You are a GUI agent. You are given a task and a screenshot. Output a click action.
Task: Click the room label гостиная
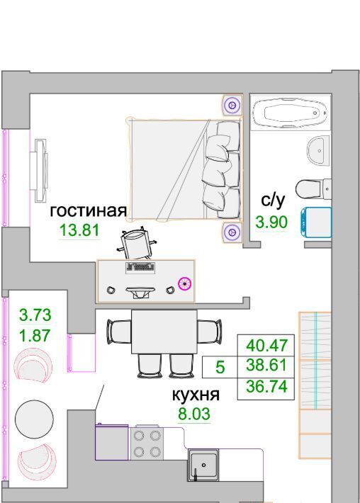pos(89,211)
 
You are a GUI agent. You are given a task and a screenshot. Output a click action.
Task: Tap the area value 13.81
pos(79,230)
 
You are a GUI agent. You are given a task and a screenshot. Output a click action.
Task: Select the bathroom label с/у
pos(272,200)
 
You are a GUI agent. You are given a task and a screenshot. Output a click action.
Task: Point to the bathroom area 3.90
pos(271,222)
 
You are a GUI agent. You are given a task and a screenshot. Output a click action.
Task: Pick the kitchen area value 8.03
pos(194,414)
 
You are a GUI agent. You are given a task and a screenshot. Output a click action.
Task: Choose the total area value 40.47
pos(266,346)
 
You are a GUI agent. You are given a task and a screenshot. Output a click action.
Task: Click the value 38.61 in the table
pos(266,365)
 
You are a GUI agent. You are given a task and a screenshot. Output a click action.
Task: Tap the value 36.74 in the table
pos(266,386)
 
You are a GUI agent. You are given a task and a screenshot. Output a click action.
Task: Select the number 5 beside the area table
pos(220,367)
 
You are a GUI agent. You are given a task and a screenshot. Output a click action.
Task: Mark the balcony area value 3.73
pos(35,315)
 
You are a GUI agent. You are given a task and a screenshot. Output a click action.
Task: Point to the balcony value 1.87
pos(35,336)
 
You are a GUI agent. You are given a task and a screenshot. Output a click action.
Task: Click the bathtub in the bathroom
pos(291,113)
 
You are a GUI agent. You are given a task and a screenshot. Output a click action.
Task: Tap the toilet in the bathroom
pos(313,189)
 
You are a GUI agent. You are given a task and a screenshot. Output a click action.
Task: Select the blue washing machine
pos(316,222)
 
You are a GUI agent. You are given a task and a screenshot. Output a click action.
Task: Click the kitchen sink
pos(203,465)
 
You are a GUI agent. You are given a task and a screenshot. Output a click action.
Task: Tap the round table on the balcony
pos(34,418)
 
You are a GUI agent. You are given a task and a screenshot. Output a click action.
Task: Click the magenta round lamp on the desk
pos(185,283)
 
